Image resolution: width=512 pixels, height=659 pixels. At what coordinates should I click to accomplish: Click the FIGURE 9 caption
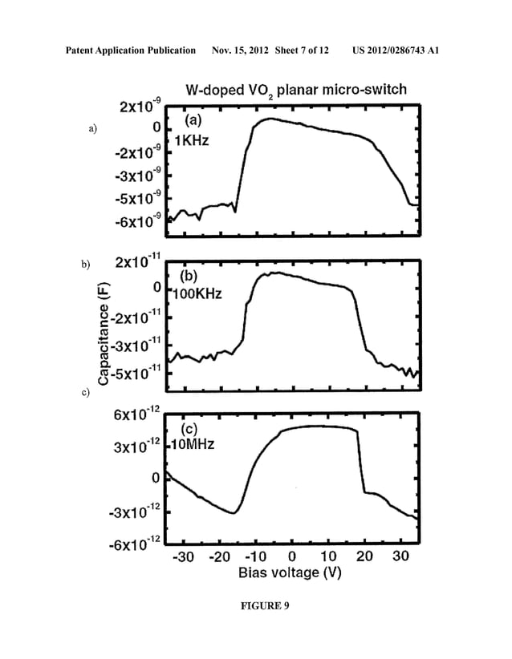tap(256, 606)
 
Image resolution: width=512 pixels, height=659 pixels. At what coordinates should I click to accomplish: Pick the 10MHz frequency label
tap(195, 443)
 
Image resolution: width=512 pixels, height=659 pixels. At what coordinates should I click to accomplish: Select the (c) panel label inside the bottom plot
tap(197, 427)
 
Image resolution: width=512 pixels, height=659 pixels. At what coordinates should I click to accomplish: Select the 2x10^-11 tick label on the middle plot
tap(138, 262)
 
